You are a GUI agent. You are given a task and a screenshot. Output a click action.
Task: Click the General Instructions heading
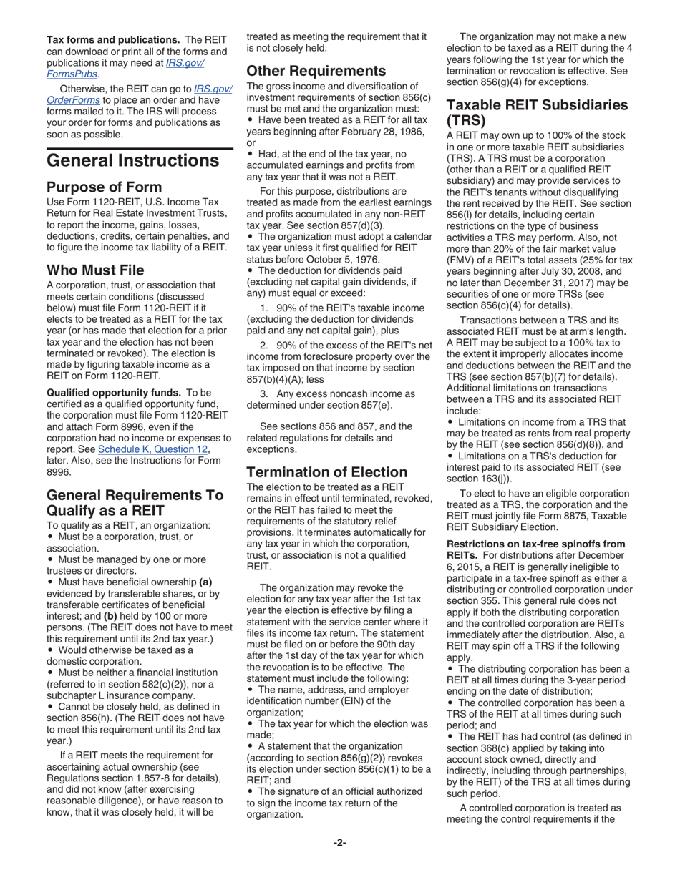click(x=133, y=160)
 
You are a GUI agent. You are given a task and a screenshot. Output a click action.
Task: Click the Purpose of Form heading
click(x=104, y=188)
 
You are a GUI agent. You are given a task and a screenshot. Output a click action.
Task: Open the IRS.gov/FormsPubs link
click(x=125, y=68)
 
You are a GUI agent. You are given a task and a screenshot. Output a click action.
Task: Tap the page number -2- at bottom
click(x=339, y=843)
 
